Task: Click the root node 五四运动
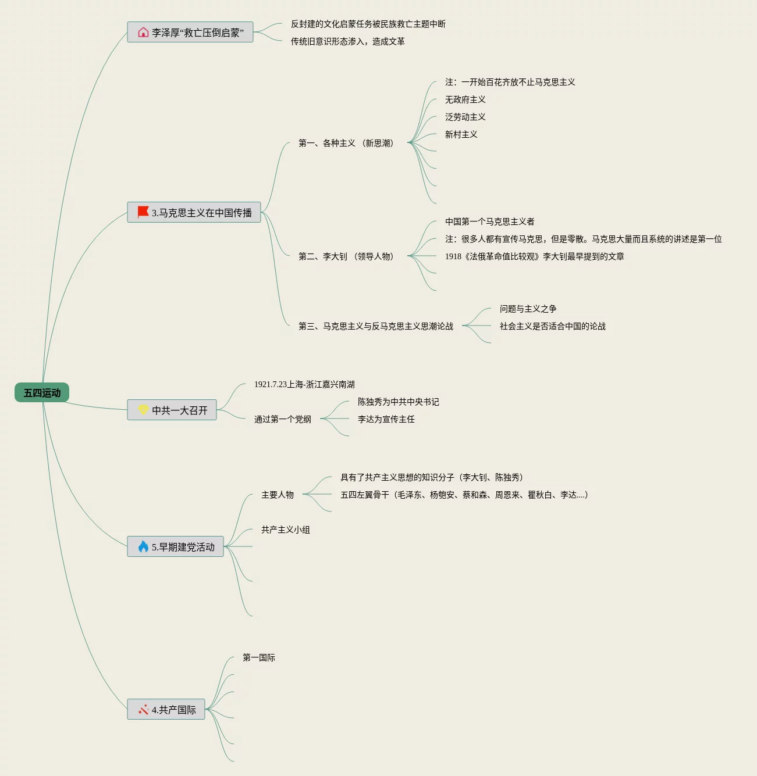[42, 393]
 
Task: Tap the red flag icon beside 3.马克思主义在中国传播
[143, 212]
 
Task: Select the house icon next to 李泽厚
[143, 32]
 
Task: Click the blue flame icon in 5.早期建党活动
[143, 546]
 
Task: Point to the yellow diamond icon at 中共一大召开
[143, 410]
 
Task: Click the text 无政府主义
[465, 99]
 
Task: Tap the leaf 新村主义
[461, 134]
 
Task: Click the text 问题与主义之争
[528, 309]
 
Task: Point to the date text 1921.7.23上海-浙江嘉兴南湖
[304, 384]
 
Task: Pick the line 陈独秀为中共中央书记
[398, 402]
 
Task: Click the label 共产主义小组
[285, 530]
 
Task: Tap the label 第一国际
[258, 657]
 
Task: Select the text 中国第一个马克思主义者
[489, 221]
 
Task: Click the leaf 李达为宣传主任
[386, 419]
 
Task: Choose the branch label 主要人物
[277, 495]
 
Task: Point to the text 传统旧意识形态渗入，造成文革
[347, 41]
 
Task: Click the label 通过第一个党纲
[282, 419]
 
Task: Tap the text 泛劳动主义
[465, 117]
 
